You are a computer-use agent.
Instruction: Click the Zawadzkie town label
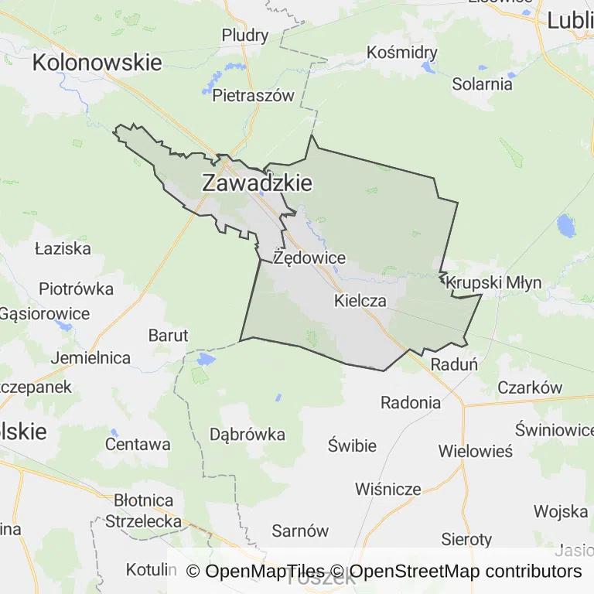257,183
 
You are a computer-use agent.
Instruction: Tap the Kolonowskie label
97,63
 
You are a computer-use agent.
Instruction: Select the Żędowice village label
309,258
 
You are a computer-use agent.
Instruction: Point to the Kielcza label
360,301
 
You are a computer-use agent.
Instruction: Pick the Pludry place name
245,35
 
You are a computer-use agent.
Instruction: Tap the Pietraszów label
254,96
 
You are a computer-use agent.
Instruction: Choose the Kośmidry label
402,53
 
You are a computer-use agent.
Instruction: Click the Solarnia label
483,84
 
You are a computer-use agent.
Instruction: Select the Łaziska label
63,249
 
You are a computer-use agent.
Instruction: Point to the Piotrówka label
77,289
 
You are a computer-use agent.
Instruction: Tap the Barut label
168,335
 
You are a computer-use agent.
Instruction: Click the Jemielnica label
90,358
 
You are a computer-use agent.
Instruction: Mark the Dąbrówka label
247,434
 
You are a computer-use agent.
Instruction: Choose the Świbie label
352,445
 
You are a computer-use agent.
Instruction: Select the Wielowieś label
475,451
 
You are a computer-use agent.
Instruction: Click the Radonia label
411,402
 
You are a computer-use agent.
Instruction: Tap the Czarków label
530,387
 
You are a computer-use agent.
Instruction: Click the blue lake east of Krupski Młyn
566,226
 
